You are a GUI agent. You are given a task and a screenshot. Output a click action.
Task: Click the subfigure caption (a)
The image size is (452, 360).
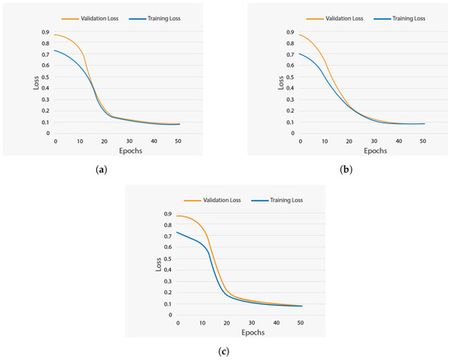click(102, 169)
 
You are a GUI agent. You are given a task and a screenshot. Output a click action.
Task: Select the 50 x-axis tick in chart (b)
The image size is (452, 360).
click(422, 141)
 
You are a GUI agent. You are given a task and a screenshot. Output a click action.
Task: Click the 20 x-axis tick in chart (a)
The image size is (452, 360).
click(104, 141)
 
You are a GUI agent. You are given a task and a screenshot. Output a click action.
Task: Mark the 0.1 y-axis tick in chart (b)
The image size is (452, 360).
click(289, 122)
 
